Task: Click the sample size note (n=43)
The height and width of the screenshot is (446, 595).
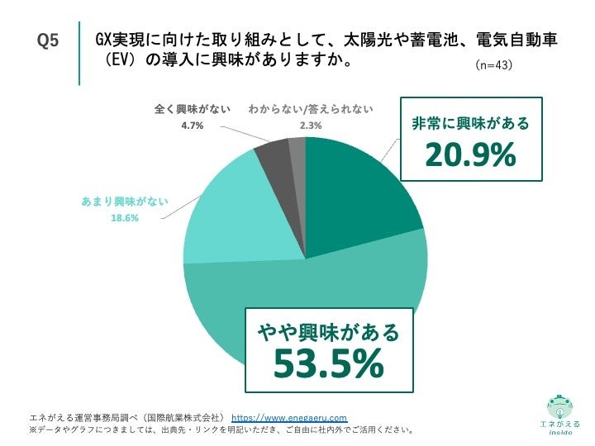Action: pyautogui.click(x=494, y=64)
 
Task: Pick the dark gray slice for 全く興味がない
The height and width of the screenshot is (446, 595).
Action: pyautogui.click(x=271, y=153)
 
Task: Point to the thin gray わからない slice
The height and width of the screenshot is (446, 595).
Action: pyautogui.click(x=297, y=149)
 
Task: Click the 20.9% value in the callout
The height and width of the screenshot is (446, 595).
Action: pyautogui.click(x=470, y=154)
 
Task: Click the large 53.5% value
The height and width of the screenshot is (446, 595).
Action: pyautogui.click(x=329, y=362)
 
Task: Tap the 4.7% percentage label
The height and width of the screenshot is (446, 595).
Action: pyautogui.click(x=192, y=126)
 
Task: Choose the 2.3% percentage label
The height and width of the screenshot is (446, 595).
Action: pyautogui.click(x=311, y=126)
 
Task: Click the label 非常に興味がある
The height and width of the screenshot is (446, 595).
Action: pyautogui.click(x=470, y=124)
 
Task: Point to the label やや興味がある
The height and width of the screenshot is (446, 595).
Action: pyautogui.click(x=329, y=332)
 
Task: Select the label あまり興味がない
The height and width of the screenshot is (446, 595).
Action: pyautogui.click(x=125, y=202)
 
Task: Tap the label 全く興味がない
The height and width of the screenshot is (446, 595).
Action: pyautogui.click(x=193, y=109)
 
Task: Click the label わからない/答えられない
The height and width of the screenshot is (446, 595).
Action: pyautogui.click(x=311, y=109)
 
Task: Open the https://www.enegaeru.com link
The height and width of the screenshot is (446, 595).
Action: pyautogui.click(x=289, y=417)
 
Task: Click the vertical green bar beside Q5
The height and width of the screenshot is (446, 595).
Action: pyautogui.click(x=79, y=53)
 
